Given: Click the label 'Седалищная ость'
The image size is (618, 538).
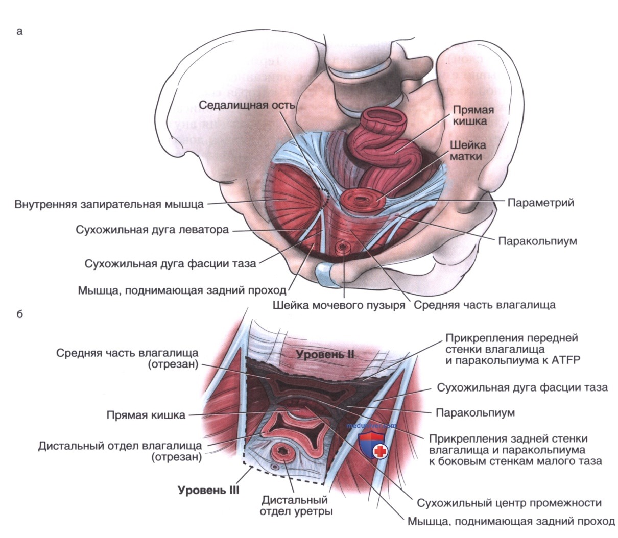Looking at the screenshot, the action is [x=247, y=105].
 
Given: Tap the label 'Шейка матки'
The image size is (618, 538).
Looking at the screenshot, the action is [x=468, y=151].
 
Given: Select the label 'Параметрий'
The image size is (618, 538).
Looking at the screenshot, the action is [x=540, y=203].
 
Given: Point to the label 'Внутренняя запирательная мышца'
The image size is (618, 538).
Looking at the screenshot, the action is [x=109, y=204].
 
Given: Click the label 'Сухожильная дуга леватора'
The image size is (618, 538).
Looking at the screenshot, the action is [x=152, y=230].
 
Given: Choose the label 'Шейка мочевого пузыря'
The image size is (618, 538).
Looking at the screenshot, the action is [x=339, y=305].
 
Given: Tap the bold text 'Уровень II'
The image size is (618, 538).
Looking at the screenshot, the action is [x=325, y=354].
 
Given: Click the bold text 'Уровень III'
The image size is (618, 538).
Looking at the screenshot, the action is [x=208, y=490].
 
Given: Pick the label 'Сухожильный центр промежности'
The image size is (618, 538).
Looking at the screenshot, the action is [x=509, y=503].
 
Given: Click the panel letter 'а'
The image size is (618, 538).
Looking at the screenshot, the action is [x=19, y=32].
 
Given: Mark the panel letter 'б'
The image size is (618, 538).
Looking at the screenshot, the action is [x=19, y=314].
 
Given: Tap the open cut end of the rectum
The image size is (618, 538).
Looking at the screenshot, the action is [x=385, y=119].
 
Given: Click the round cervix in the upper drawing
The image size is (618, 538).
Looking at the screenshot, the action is [x=361, y=200].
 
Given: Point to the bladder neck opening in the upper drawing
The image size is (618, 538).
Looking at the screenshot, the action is [x=343, y=247].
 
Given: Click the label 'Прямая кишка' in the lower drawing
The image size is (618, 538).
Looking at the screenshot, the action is [x=146, y=415].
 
